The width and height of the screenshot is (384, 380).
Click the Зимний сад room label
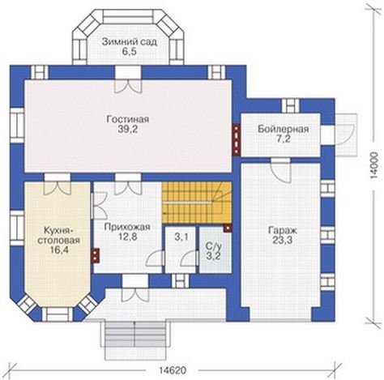[x=130, y=42]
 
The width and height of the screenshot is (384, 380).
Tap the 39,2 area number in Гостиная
[x=128, y=130]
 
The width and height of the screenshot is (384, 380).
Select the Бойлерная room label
[x=283, y=129]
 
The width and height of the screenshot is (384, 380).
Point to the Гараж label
[x=283, y=230]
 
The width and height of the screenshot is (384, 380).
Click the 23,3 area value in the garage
[x=283, y=240]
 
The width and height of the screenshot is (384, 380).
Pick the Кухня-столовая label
[x=58, y=235]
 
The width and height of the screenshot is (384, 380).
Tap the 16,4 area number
[x=59, y=250]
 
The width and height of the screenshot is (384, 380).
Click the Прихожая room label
[x=127, y=227]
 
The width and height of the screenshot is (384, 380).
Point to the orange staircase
[x=197, y=203]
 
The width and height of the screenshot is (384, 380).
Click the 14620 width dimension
[x=173, y=370]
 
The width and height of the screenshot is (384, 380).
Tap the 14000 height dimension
[x=374, y=165]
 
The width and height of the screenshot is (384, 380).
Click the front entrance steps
[x=135, y=339]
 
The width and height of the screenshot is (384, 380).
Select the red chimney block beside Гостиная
[x=237, y=140]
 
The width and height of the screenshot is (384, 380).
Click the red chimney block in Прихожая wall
[x=96, y=255]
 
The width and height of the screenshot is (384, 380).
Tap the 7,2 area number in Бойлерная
[x=283, y=139]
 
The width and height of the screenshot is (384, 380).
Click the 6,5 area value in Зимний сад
[x=129, y=52]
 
